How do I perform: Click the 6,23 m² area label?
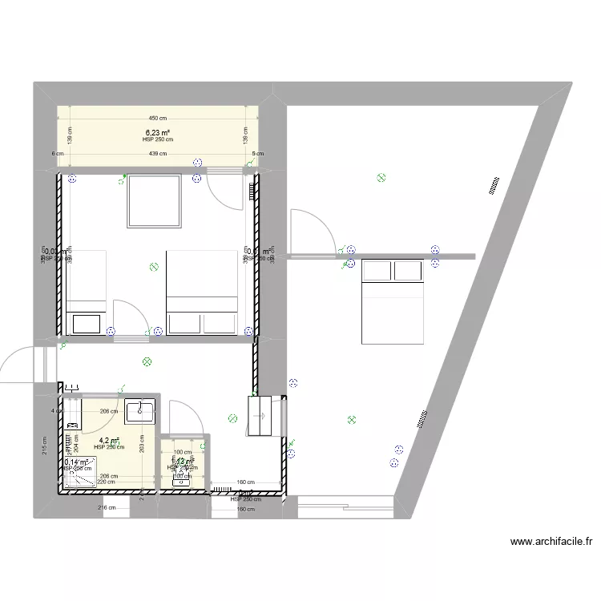[157, 133]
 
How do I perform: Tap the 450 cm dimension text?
[157, 118]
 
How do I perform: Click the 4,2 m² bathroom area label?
[109, 440]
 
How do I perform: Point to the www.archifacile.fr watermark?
[552, 543]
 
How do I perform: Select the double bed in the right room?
[392, 300]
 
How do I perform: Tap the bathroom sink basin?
[140, 410]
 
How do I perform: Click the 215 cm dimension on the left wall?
[46, 442]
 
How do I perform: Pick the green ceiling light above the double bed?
[381, 178]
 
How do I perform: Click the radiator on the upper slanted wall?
[492, 186]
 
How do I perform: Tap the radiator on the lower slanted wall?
[422, 417]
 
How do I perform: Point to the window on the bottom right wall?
[345, 502]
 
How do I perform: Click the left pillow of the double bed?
[377, 271]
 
